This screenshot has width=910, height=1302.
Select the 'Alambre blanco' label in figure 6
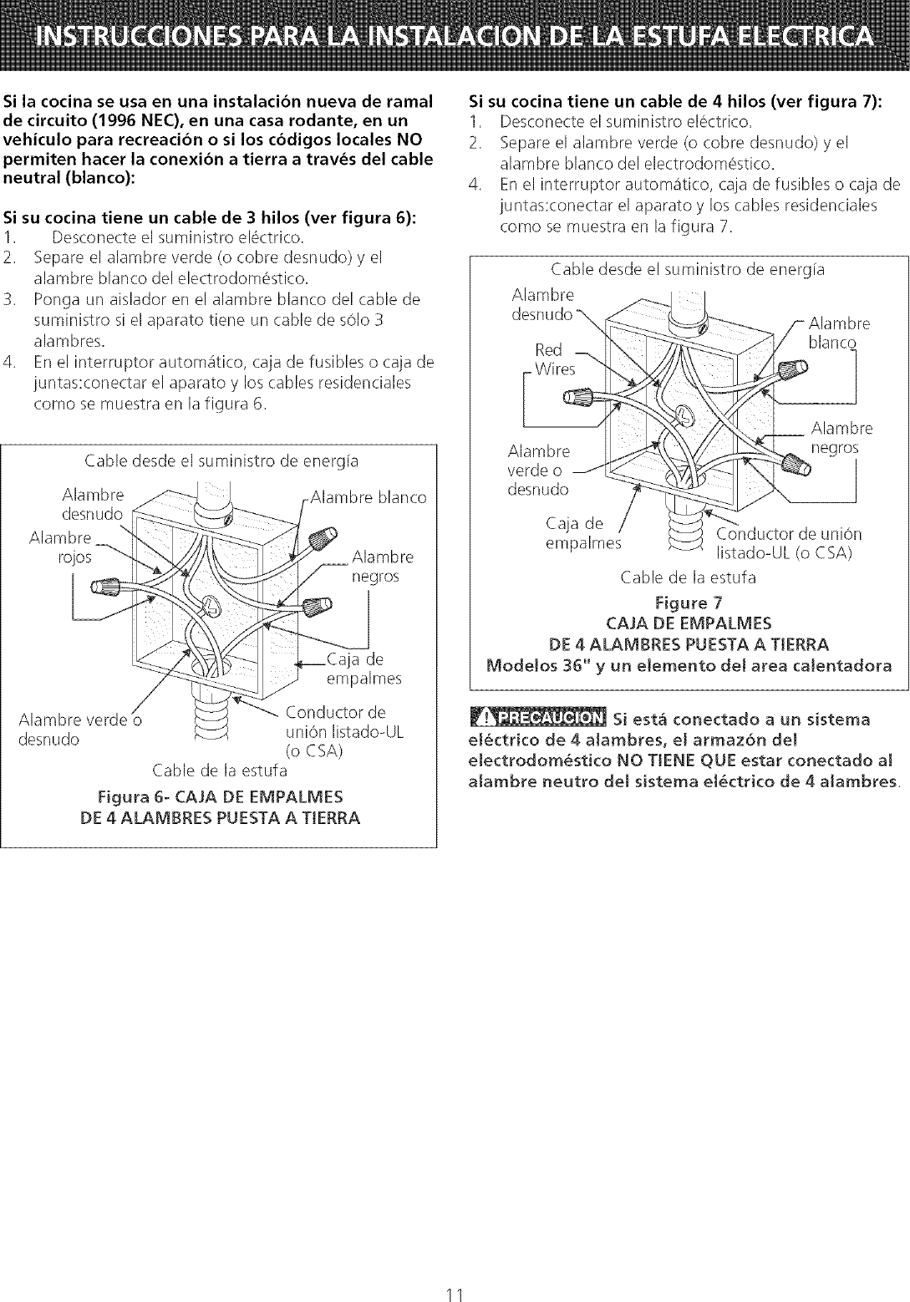(x=368, y=497)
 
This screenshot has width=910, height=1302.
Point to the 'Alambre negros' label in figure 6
(x=381, y=567)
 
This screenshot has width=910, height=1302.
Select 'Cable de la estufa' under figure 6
(x=220, y=769)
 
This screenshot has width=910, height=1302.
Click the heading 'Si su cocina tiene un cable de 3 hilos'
(x=211, y=221)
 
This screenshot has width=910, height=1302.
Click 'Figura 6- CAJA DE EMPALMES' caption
(x=220, y=795)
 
